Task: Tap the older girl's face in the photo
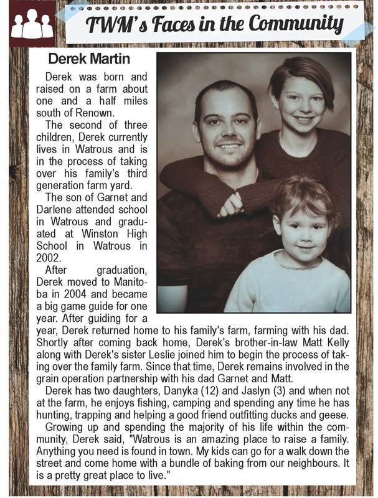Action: click(300, 101)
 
